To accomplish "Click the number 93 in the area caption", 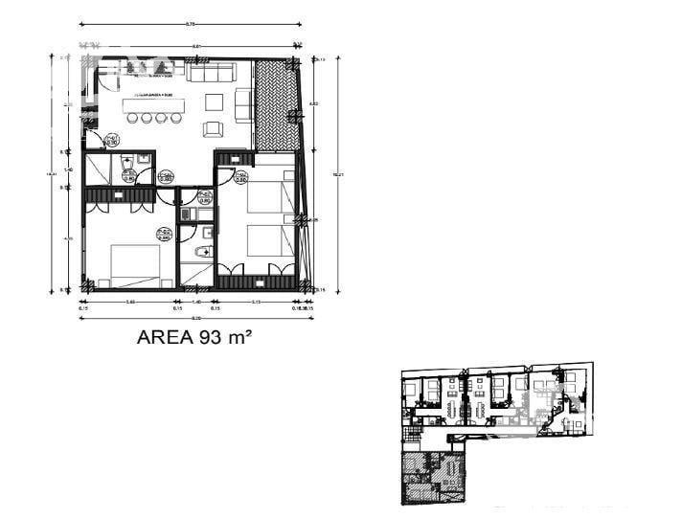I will point(212,337).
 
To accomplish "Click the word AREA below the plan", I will point(166,337).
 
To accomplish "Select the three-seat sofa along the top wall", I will point(211,73).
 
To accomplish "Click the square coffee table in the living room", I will point(214,101).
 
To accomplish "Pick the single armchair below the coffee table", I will point(213,128).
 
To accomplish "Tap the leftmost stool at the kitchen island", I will point(134,119).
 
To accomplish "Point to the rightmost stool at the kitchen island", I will point(175,119).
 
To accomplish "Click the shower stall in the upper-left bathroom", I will point(98,169).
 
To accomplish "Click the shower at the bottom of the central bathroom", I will point(195,275).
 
